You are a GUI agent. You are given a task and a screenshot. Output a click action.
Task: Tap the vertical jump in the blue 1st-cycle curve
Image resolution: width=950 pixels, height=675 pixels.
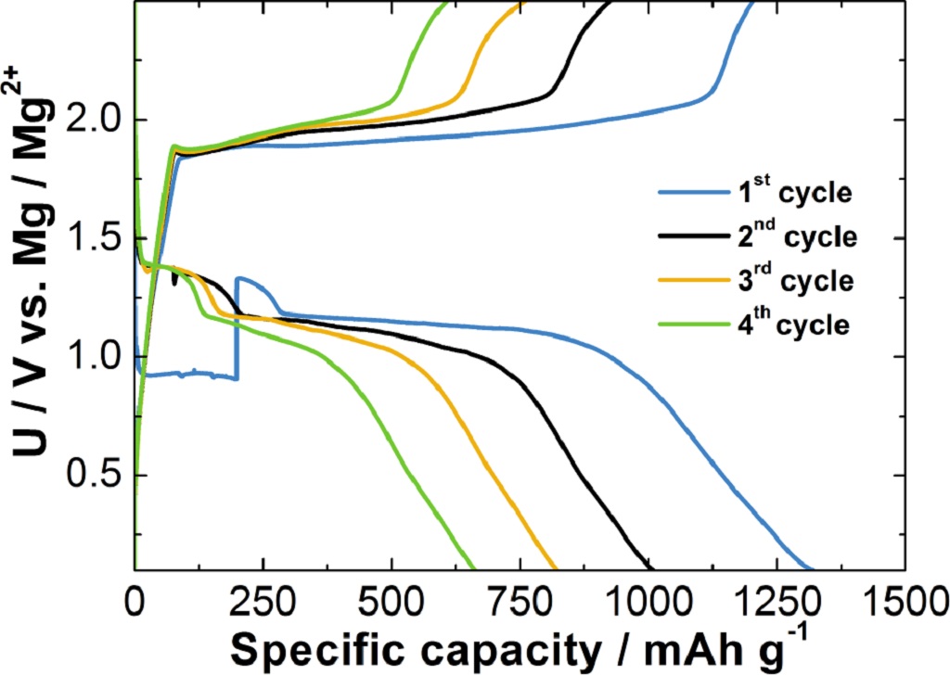tap(237, 329)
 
